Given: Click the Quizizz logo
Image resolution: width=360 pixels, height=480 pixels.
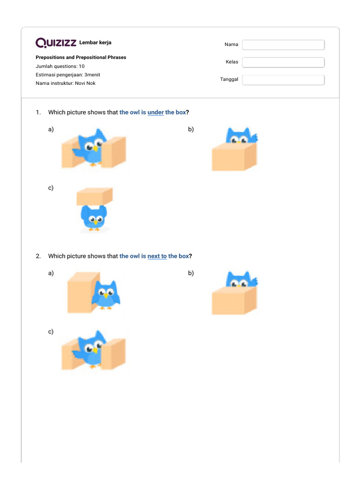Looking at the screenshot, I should tap(56, 43).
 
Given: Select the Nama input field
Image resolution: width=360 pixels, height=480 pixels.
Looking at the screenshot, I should tap(283, 45).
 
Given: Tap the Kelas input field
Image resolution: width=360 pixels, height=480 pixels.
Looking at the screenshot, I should tap(283, 62).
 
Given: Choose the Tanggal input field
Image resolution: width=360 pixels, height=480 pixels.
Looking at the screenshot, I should tap(283, 80).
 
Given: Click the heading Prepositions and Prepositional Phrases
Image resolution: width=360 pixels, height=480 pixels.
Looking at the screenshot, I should tap(81, 57).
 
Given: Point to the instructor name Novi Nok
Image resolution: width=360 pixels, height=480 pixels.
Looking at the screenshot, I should tap(85, 83).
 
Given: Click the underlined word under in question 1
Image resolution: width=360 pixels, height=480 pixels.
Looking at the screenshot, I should tap(156, 112).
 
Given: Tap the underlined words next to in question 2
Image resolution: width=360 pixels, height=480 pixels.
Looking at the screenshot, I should tap(157, 256).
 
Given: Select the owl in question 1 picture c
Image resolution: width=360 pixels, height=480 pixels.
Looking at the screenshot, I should tap(95, 218).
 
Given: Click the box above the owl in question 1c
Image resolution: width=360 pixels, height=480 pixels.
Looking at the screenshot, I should tap(95, 196).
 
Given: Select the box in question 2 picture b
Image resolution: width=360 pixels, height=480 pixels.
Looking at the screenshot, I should tap(234, 301).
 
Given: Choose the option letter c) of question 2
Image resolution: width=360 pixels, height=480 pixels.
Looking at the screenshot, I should tap(51, 331).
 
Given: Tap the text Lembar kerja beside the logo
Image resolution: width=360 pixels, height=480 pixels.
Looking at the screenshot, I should tap(96, 43).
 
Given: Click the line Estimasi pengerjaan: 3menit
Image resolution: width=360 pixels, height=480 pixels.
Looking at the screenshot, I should tap(67, 75).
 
